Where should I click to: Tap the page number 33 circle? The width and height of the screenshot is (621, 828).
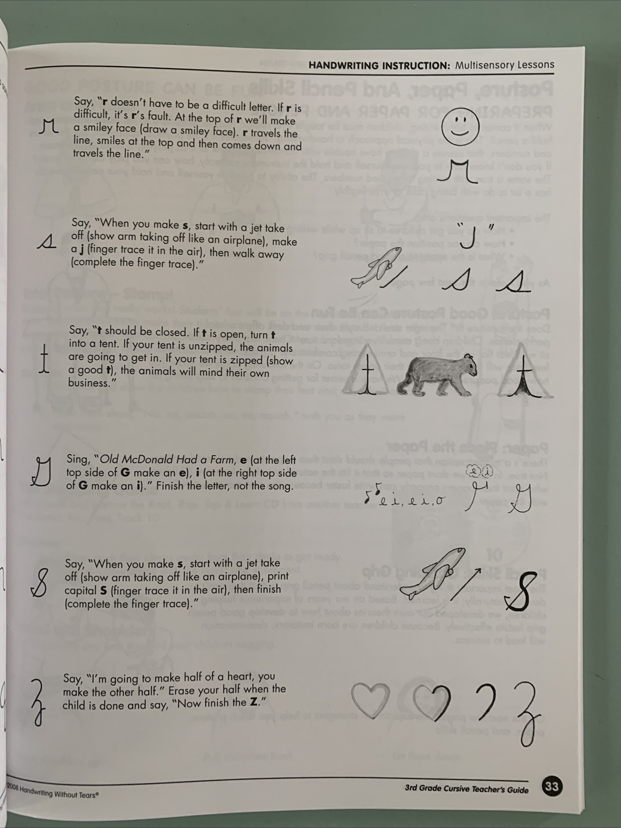coord(552,787)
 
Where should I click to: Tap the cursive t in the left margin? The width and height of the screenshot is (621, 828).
coord(45,359)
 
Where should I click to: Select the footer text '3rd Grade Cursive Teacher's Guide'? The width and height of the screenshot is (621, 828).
coord(466,790)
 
